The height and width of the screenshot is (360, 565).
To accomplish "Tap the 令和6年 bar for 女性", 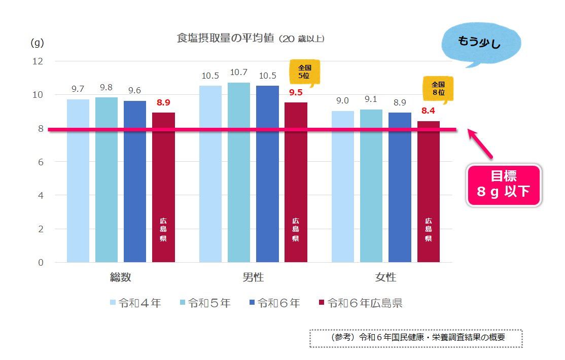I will coord(400,188).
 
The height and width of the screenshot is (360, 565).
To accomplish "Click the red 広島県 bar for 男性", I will coord(296,183).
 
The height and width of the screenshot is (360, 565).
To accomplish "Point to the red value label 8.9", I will coord(163,103).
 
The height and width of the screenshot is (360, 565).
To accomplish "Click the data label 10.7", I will coord(238,73).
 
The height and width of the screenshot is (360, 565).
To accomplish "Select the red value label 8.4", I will coord(429,110).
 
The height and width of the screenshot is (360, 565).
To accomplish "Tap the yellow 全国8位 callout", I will coord(438,89).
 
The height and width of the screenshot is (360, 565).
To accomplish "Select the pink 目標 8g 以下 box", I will coord(504,185).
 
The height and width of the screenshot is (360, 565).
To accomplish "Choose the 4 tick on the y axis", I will coord(40,195).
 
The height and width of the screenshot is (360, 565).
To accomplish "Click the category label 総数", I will coord(121,277).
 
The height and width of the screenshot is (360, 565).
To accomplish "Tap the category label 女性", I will coord(385,277).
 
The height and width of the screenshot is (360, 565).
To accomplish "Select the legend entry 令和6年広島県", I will coord(361,303).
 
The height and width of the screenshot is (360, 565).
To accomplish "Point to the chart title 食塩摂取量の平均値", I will coord(226,39).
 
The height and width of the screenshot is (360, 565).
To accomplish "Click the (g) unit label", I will coord(38,43).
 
